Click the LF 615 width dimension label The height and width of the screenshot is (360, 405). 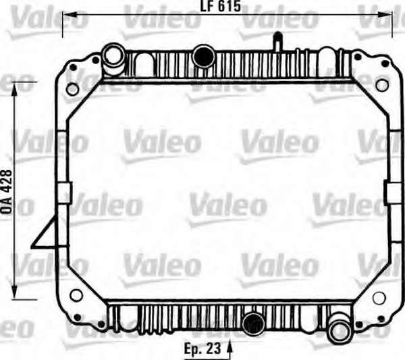point(221,6)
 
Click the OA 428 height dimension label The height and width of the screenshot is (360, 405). point(7,192)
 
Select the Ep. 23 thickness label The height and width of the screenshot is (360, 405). point(202,348)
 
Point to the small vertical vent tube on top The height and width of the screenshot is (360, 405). point(277,41)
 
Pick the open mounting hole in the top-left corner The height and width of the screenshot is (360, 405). point(72,88)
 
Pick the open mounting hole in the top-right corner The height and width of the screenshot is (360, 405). point(382,86)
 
